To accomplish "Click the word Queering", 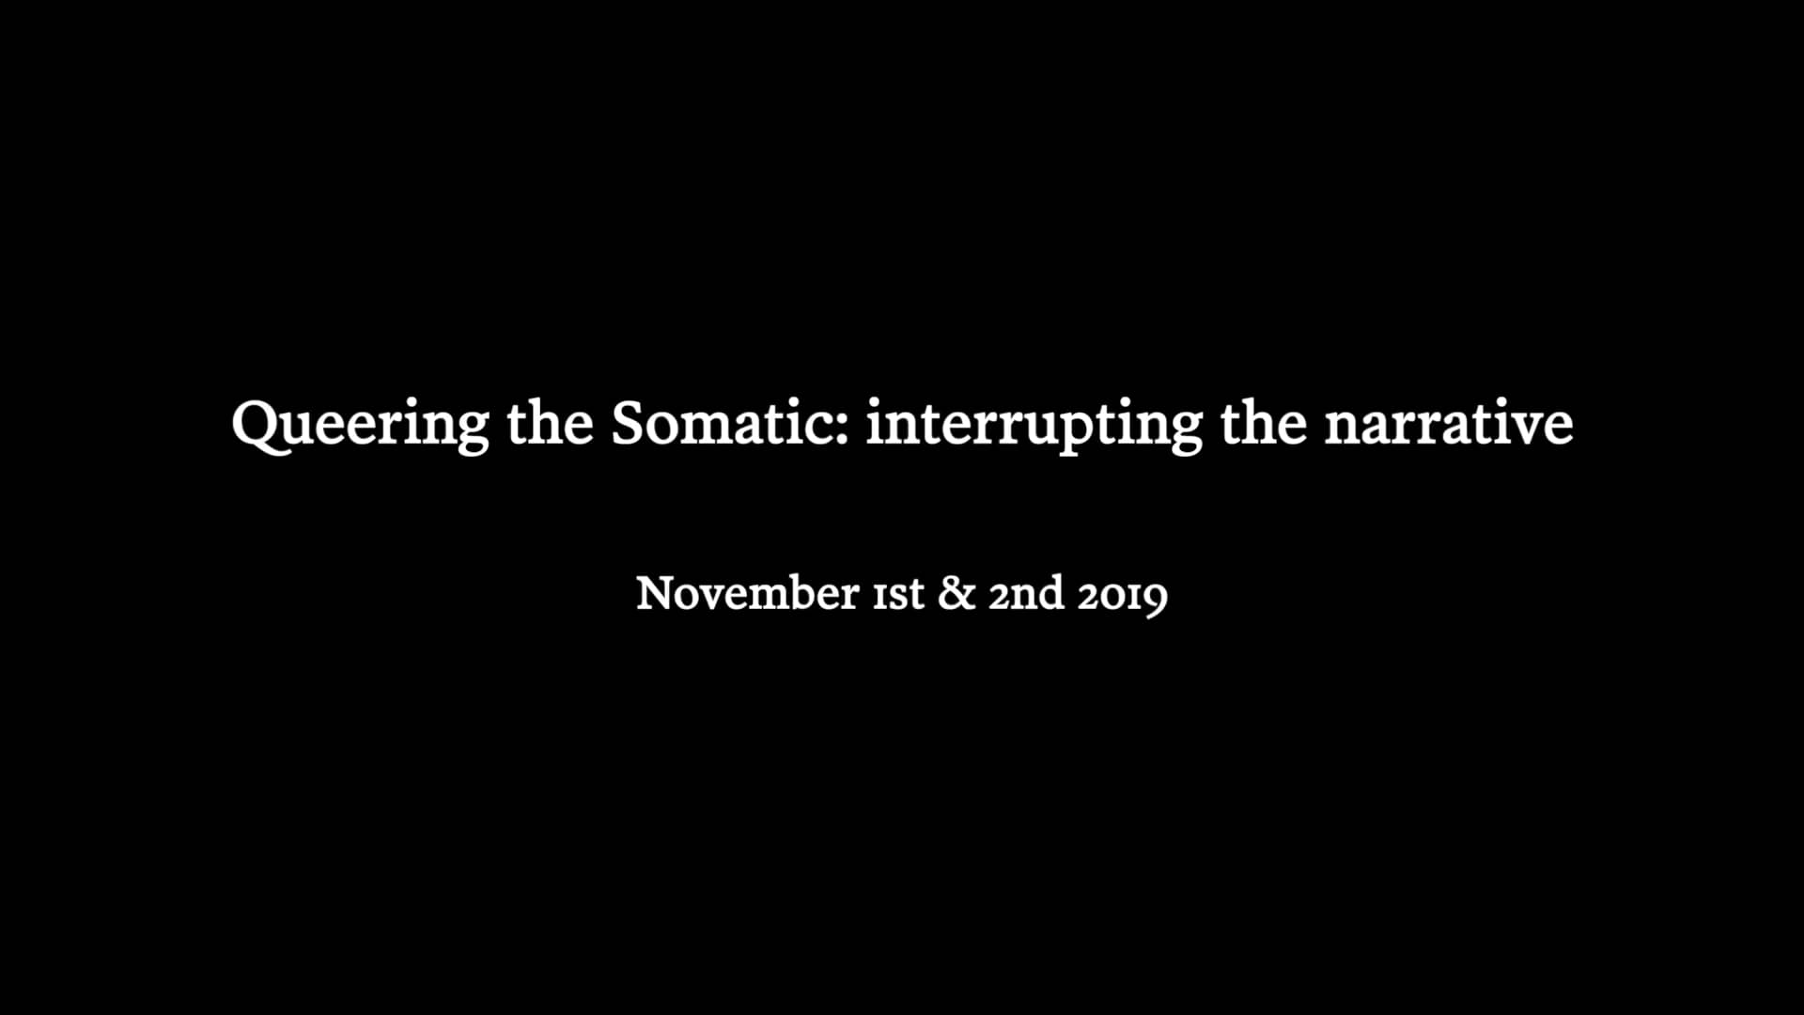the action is [x=360, y=425].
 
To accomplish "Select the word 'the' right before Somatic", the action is [x=551, y=422].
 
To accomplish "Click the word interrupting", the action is [x=1034, y=426].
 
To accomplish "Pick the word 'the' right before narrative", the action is [x=1264, y=422].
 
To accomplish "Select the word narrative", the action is [x=1449, y=423].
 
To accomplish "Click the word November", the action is [x=747, y=593].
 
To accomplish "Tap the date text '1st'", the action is [x=898, y=595].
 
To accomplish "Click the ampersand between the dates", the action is [x=956, y=593].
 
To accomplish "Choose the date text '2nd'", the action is [x=1026, y=593].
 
